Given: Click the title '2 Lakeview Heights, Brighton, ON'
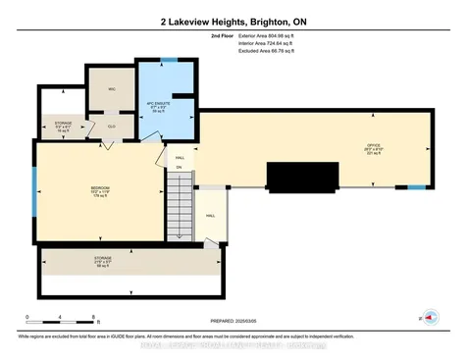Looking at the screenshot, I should [233, 21].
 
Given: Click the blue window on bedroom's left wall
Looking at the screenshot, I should [34, 183].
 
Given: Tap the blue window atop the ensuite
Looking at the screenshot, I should [170, 62].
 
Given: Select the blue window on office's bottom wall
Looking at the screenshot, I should [418, 186].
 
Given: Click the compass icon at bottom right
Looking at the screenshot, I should [428, 318].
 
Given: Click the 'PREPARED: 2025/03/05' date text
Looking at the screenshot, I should [233, 319].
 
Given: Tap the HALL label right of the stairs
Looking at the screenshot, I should [210, 216].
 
